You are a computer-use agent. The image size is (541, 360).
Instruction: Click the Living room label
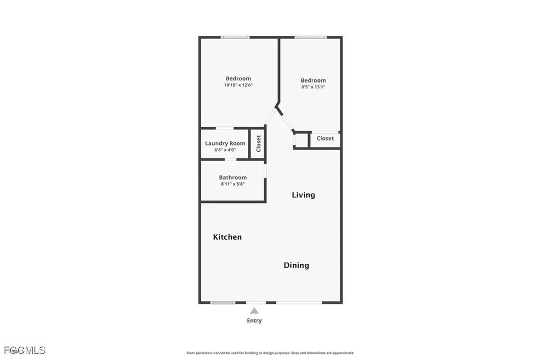tap(303, 195)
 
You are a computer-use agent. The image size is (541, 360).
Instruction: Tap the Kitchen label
tap(227, 237)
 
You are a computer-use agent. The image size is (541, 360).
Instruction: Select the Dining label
tap(296, 265)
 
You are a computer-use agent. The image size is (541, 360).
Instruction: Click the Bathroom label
tap(233, 178)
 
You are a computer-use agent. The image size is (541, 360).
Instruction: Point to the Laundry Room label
tap(225, 143)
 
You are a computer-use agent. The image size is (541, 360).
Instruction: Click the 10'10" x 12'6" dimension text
tap(238, 85)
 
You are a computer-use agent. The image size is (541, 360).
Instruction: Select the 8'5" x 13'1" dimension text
tap(313, 87)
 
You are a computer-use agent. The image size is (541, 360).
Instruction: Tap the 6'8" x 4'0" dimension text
tap(225, 150)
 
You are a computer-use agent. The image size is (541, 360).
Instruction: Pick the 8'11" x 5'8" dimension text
tap(233, 184)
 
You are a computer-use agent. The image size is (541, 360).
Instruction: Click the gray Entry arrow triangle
tap(254, 311)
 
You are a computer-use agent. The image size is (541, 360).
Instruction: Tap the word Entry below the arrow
tap(254, 320)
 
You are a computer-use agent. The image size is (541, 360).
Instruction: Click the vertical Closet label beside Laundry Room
tap(258, 144)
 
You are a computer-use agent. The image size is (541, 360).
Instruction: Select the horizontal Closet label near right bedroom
tap(325, 139)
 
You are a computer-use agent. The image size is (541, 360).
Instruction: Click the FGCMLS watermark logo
tap(24, 350)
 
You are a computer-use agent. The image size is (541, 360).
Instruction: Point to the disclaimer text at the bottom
tap(270, 353)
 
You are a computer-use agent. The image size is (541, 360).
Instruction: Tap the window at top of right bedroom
tap(311, 37)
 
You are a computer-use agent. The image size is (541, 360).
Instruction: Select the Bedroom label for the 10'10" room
tap(238, 79)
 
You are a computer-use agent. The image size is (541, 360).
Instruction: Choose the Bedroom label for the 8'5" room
tap(313, 80)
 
